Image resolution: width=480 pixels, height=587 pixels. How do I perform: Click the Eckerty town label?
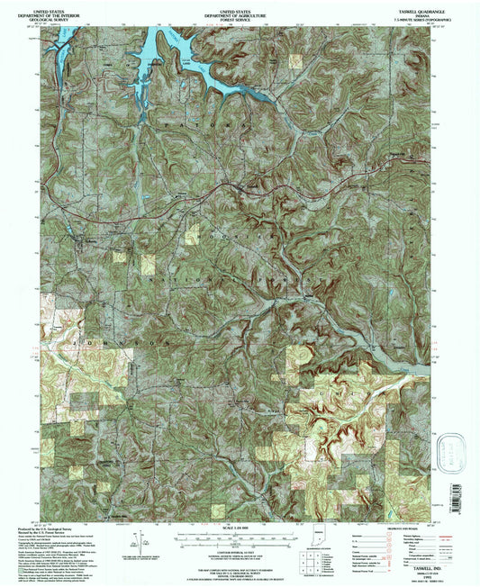point(90,241)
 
